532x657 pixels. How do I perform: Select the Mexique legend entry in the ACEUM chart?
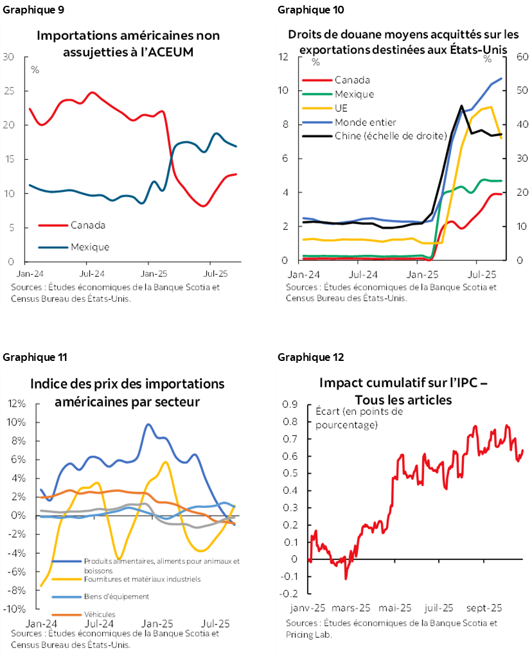click(89, 247)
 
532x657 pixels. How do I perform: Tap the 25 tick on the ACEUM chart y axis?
click(9, 91)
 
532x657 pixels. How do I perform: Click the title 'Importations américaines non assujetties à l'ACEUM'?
click(128, 44)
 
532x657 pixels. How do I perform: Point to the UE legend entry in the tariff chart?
click(341, 108)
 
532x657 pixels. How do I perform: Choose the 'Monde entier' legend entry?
click(365, 122)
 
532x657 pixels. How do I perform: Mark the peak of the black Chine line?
click(461, 106)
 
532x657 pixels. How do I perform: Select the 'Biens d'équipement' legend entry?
click(116, 596)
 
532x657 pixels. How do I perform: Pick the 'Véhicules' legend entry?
click(100, 614)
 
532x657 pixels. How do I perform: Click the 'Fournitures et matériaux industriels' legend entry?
click(142, 579)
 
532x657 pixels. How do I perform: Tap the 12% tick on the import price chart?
click(16, 404)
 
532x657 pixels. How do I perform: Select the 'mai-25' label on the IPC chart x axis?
click(396, 608)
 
